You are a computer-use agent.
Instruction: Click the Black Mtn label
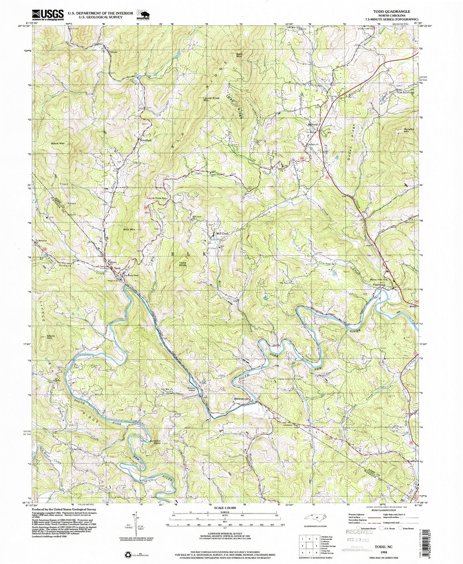[59, 144]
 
